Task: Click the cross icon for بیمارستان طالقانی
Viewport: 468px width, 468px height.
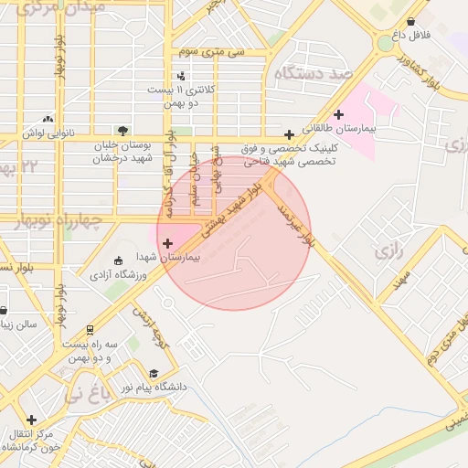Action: click(339, 114)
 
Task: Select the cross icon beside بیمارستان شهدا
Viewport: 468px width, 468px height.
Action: click(166, 243)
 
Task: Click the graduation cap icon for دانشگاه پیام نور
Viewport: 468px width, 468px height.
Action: click(154, 373)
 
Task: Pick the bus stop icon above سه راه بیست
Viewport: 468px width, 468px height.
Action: click(90, 330)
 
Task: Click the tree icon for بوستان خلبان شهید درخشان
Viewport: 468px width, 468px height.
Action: click(122, 130)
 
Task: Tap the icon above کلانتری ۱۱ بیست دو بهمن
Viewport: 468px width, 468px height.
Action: click(180, 77)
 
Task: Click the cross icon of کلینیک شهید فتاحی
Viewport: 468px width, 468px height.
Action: click(289, 133)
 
